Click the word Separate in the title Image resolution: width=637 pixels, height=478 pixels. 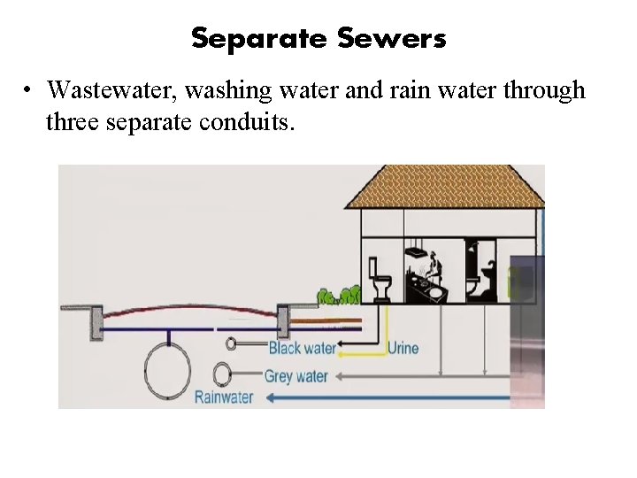[x=257, y=39]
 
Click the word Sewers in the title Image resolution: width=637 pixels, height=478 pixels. [x=391, y=39]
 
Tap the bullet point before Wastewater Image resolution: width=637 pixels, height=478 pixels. [x=29, y=90]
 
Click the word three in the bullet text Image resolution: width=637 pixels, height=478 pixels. [x=73, y=122]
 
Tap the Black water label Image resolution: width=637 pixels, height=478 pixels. [x=302, y=348]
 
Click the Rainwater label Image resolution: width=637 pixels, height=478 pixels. [x=225, y=397]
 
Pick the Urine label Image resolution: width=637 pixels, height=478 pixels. [x=403, y=348]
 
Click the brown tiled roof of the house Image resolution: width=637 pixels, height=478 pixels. [x=442, y=188]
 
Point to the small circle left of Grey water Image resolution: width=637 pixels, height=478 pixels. [x=222, y=373]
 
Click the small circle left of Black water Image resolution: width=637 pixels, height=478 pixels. [x=232, y=343]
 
